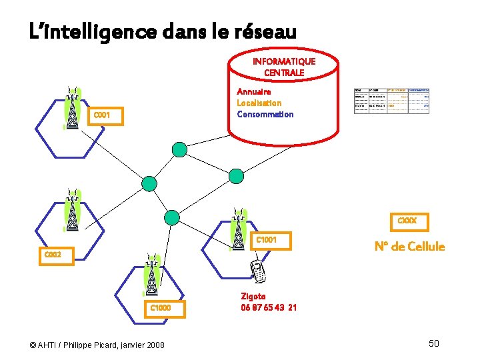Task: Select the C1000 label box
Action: point(161,308)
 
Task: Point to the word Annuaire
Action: point(254,91)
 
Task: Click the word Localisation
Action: point(259,103)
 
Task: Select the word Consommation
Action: point(265,114)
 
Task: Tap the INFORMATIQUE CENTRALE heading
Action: point(284,67)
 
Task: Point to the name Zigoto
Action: point(253,296)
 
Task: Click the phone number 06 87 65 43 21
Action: point(269,307)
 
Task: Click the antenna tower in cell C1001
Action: point(237,229)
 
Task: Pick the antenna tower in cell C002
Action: point(71,209)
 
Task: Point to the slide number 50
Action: point(434,343)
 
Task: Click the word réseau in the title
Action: point(263,31)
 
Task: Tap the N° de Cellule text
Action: point(409,247)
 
